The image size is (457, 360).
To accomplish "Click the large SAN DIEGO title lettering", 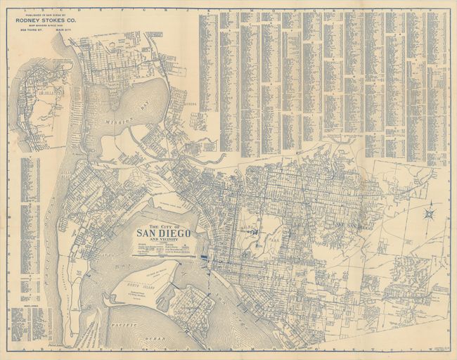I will point(162,234).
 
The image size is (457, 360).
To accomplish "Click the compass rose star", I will point(429,212).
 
